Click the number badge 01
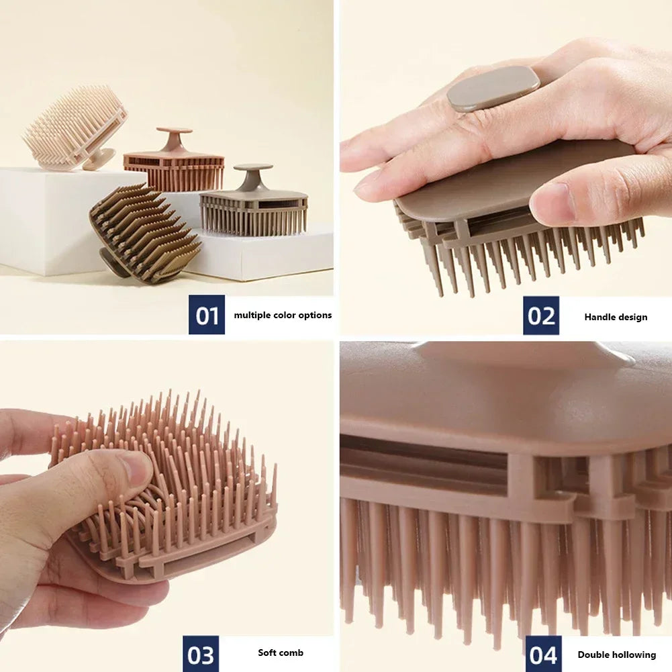point(207,315)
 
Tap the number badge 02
point(541,316)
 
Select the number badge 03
point(201,654)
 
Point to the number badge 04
point(543,654)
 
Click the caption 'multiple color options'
point(283,315)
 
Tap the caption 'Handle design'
point(616,317)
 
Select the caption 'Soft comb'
point(281,653)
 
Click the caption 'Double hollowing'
point(616,655)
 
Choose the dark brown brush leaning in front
point(143,232)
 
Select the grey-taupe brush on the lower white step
point(254,204)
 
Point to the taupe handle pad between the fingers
point(493,88)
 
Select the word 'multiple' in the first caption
point(252,315)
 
